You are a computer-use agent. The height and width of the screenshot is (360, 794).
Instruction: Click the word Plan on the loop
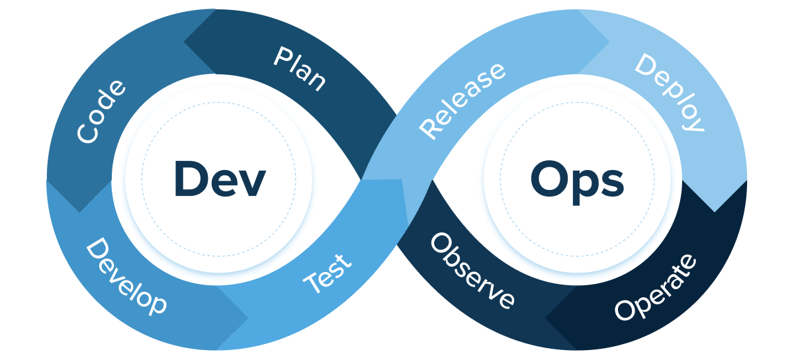coord(300,69)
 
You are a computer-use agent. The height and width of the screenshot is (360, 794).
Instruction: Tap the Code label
coord(101,111)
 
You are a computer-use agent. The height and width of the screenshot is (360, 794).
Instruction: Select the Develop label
coord(126,277)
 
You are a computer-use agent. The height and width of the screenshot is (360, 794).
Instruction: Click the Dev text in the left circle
coord(220,179)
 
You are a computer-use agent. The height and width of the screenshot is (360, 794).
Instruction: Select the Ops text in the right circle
coord(577,179)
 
